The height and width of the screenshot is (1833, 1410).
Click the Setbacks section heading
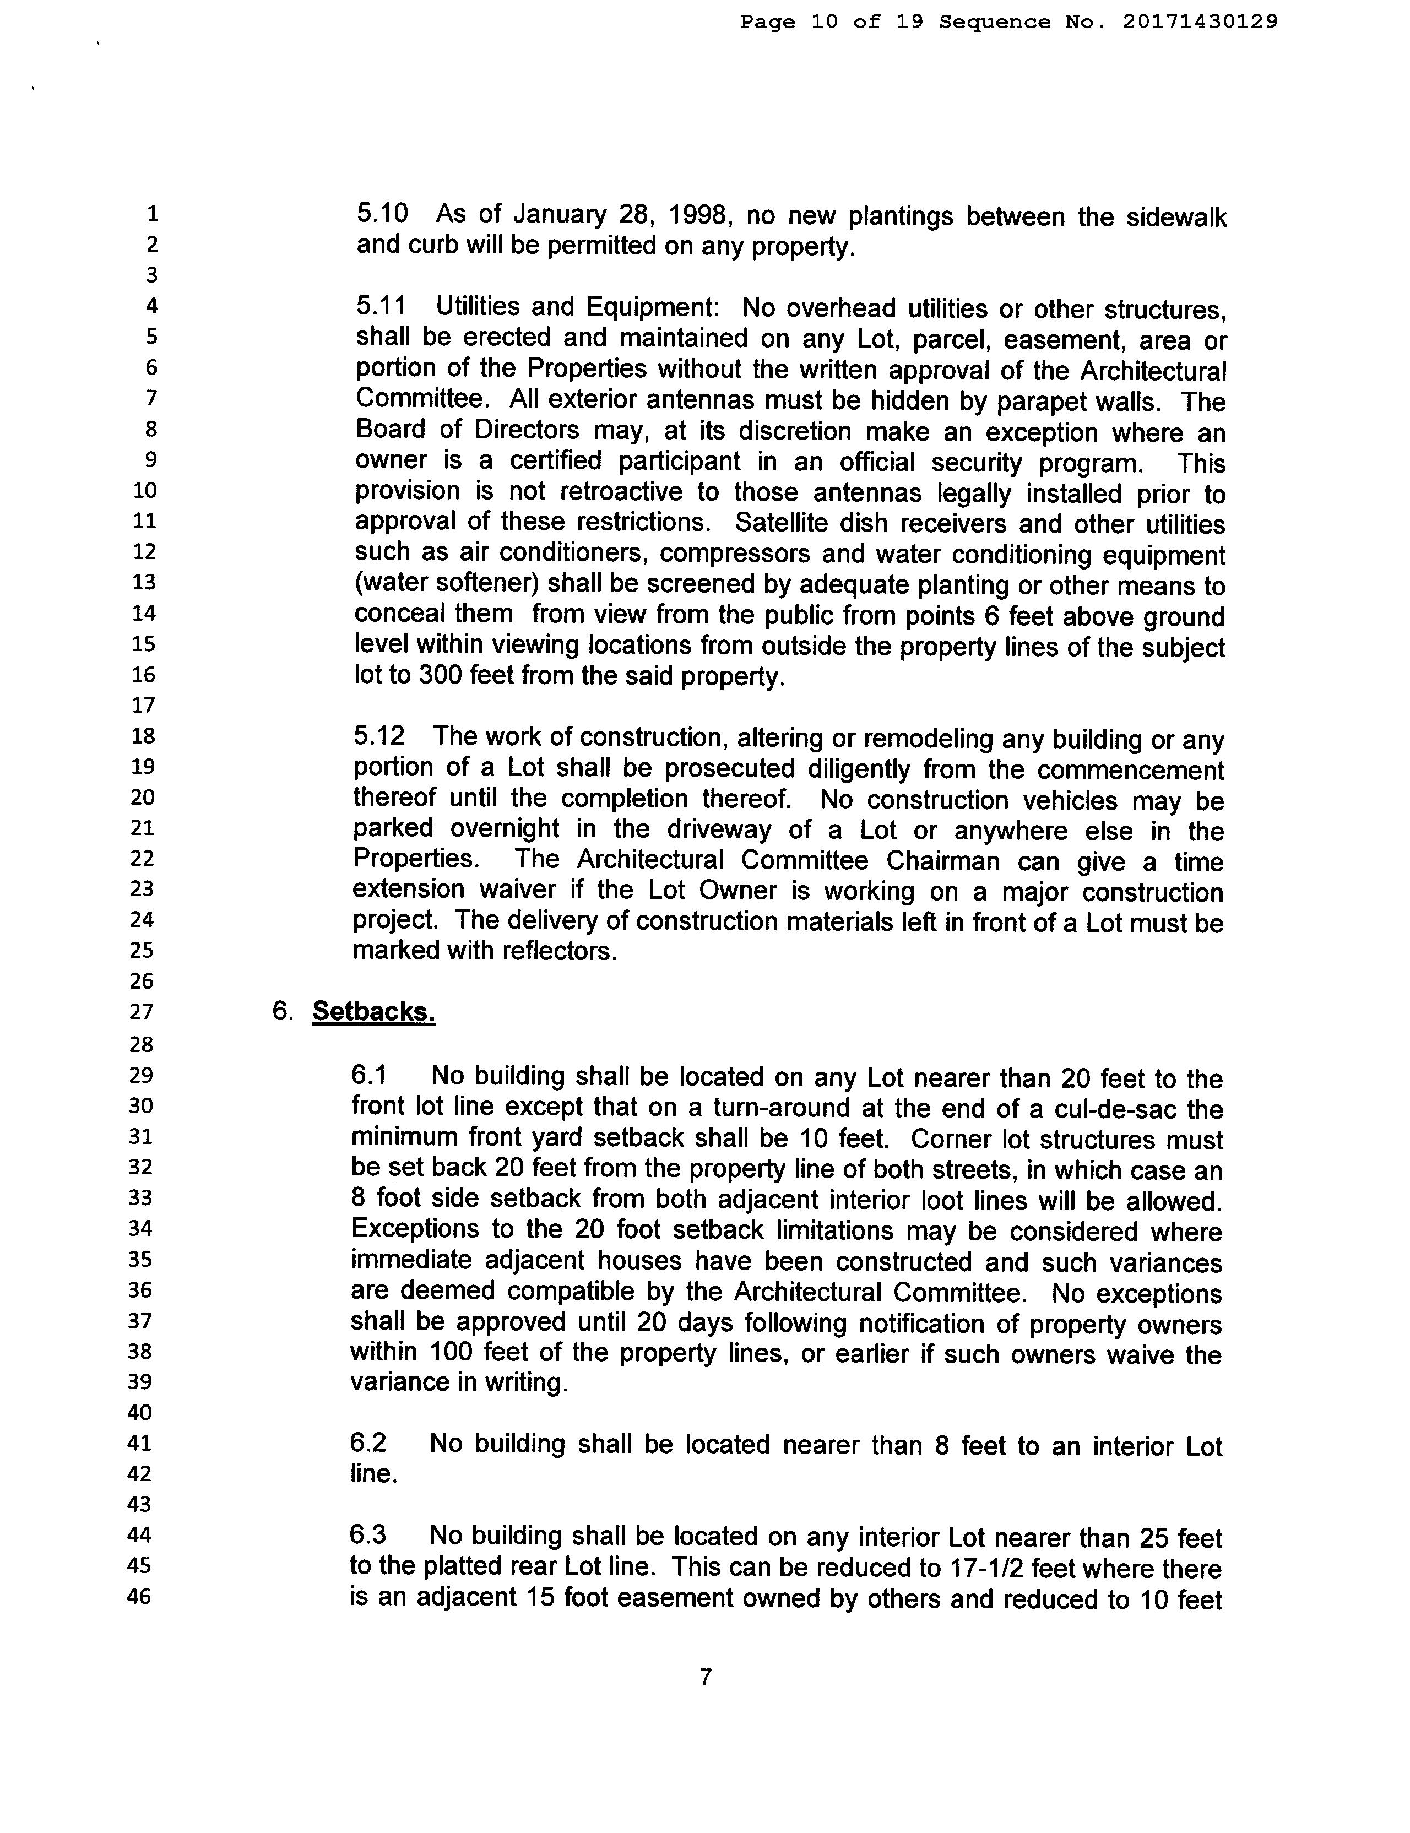coord(373,1011)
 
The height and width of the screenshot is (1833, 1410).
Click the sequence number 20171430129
coord(1200,22)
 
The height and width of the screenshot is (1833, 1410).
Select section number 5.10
coord(382,213)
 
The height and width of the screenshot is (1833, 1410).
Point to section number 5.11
coord(380,306)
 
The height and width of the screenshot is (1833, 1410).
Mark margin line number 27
coord(141,1011)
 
